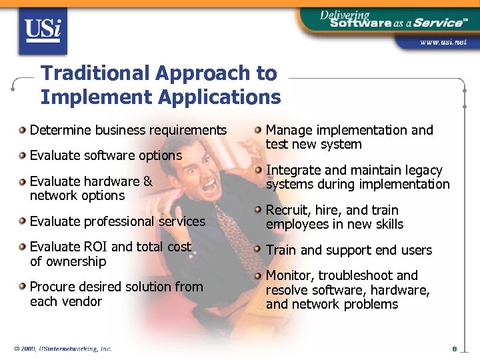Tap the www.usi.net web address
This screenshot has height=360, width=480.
(442, 42)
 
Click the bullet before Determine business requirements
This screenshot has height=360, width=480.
(23, 130)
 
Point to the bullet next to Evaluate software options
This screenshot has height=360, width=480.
(23, 155)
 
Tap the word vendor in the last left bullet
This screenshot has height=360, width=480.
(84, 301)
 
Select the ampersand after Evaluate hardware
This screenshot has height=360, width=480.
(147, 181)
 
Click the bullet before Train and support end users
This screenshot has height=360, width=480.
(259, 250)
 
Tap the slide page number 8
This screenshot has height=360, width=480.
(454, 349)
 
